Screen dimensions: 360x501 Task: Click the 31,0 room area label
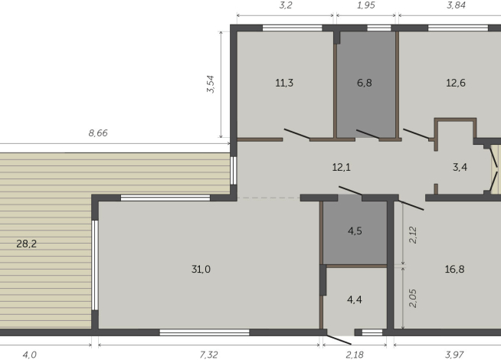(201, 269)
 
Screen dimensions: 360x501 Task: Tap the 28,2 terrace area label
(27, 244)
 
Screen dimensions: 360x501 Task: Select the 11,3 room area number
(284, 83)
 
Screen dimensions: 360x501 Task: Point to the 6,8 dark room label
(365, 83)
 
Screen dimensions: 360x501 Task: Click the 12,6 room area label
(456, 83)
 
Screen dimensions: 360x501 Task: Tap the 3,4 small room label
(460, 166)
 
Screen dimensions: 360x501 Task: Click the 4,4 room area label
(355, 299)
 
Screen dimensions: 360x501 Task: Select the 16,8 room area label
(454, 269)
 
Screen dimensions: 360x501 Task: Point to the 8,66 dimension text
(98, 133)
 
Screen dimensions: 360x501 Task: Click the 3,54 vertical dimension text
(211, 84)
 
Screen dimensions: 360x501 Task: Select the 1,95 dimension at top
(366, 5)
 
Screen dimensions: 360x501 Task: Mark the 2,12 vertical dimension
(414, 234)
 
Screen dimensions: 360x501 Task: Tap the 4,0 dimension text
(29, 355)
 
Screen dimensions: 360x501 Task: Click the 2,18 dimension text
(355, 355)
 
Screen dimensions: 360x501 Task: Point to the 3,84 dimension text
(457, 5)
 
